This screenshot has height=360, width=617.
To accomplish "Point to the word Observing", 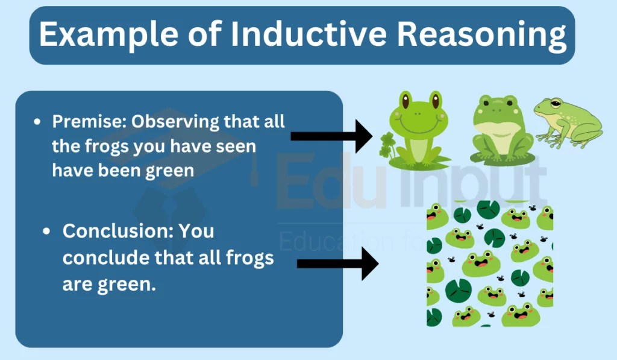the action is point(175,122).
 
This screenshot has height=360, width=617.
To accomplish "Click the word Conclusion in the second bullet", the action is point(118,231).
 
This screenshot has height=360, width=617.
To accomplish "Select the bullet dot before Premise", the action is point(37,122).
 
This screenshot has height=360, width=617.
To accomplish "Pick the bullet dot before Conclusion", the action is point(47,231).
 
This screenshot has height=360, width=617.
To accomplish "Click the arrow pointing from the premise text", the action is point(331,136).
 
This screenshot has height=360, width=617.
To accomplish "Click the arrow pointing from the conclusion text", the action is point(337,264).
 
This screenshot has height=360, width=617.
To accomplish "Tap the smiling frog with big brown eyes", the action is point(419,128).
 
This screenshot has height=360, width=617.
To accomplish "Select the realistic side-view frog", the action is point(568,123).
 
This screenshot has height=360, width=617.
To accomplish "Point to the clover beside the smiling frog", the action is point(387,146).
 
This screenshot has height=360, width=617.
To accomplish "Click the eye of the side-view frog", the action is point(556,104).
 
